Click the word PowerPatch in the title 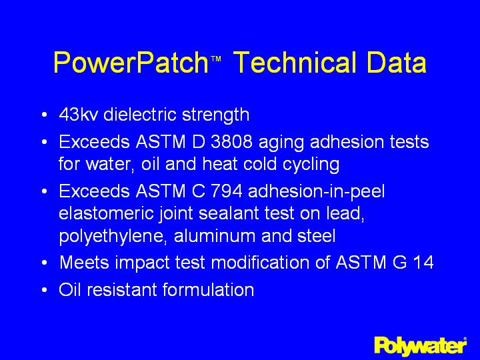131,64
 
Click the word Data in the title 395,64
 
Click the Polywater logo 420,345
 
